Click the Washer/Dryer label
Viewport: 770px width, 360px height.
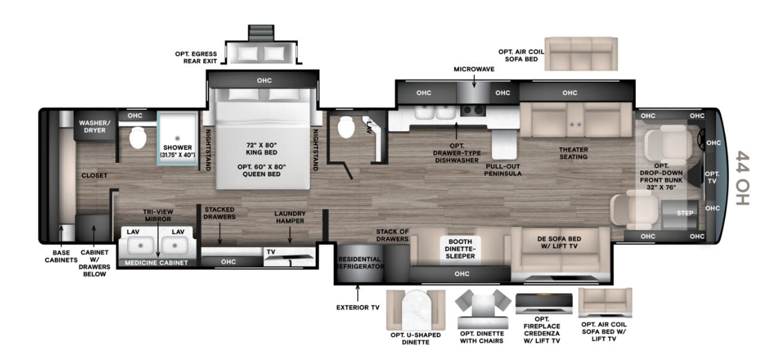point(95,126)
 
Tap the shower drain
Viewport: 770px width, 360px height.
point(177,138)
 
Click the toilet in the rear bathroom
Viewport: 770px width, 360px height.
point(138,138)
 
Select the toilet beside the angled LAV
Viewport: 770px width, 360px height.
point(346,128)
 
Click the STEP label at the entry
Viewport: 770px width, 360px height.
point(685,213)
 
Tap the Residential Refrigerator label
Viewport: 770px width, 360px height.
point(360,262)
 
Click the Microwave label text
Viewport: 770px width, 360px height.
point(474,69)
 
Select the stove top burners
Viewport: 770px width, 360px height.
point(473,110)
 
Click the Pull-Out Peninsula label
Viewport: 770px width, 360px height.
point(503,170)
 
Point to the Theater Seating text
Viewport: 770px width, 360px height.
point(573,153)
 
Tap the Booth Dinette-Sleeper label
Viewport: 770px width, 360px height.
point(460,249)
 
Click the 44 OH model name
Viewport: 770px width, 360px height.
point(742,178)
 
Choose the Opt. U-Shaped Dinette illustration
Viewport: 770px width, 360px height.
point(416,310)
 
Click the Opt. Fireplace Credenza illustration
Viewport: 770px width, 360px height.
point(544,304)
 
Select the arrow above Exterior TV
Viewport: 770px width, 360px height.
point(358,293)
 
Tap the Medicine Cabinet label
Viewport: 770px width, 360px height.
point(156,263)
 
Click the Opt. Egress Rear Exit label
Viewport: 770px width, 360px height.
point(196,58)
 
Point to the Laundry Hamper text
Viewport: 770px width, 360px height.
point(290,217)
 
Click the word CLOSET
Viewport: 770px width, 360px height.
point(95,176)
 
